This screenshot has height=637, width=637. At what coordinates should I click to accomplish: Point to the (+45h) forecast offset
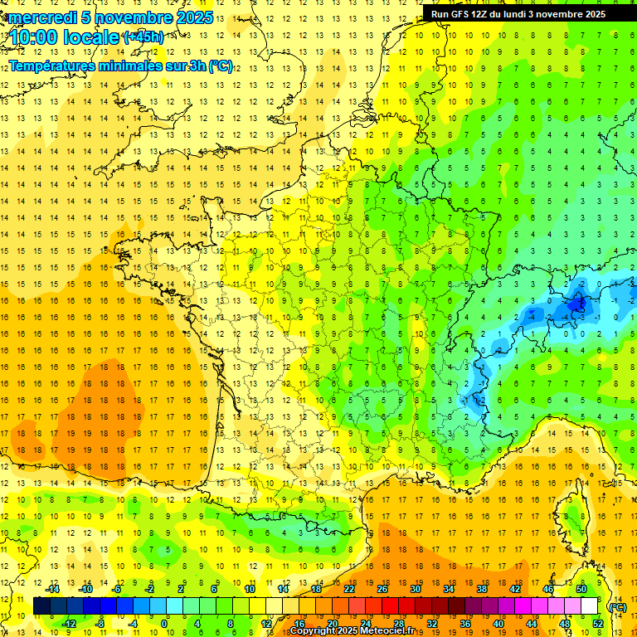click(143, 37)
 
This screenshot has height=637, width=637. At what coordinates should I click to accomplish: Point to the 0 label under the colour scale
click(164, 624)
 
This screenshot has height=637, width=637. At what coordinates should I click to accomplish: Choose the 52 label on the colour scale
click(598, 624)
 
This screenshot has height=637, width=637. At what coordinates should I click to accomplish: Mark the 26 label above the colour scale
click(382, 589)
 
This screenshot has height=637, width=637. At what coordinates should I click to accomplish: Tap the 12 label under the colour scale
click(265, 624)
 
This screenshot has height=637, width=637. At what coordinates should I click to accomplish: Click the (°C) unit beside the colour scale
click(618, 606)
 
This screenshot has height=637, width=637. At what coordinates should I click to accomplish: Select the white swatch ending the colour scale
click(590, 606)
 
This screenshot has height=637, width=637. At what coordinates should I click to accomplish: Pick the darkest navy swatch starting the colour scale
click(41, 606)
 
